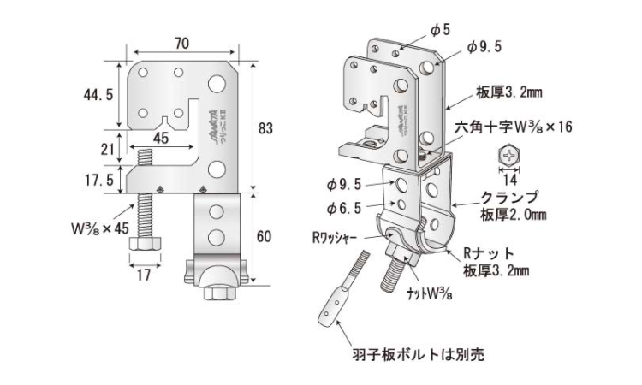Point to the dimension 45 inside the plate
tap(160, 133)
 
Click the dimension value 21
tap(108, 149)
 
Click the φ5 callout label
tap(440, 29)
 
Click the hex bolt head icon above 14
tap(512, 157)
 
